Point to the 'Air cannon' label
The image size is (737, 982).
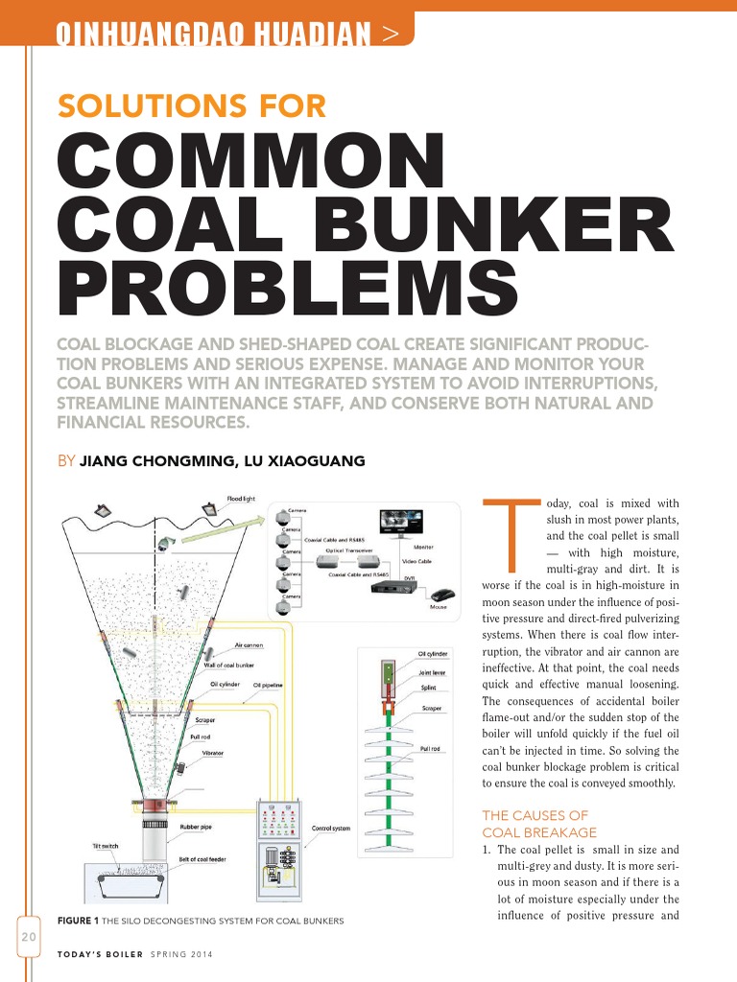click(x=249, y=645)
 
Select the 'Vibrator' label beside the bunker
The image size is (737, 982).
click(x=213, y=754)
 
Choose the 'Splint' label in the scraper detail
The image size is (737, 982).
click(x=428, y=688)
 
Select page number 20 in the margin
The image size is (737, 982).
click(x=26, y=936)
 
